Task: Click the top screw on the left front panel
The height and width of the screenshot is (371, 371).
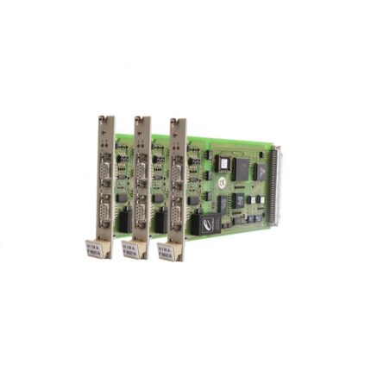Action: (104, 119)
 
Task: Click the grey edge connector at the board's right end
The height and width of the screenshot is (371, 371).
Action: (274, 185)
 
